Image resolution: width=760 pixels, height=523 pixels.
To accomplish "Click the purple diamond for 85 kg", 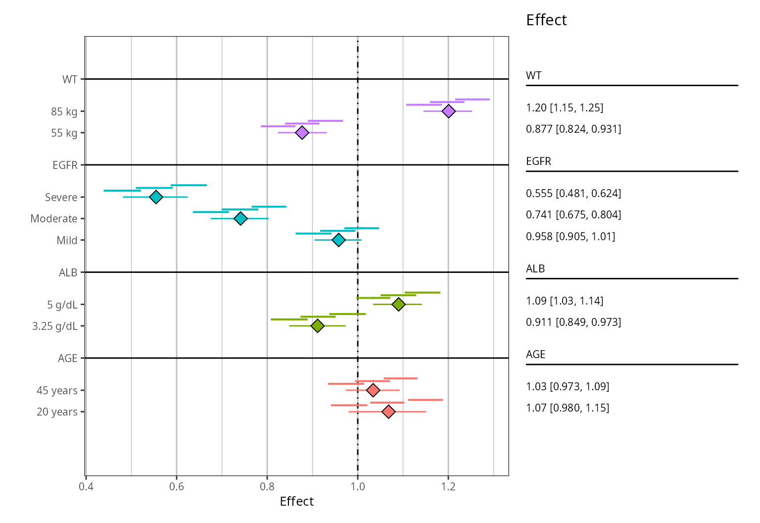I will tap(448, 111).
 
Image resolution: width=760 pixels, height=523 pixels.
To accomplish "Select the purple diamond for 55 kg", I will tap(302, 133).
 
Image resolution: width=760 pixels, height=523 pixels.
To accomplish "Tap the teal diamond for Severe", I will tap(156, 197).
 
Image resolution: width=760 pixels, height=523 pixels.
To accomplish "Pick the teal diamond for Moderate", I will tap(240, 218).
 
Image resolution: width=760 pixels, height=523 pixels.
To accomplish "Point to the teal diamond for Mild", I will tap(338, 240).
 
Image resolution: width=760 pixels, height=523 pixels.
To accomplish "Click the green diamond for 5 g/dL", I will tap(398, 304).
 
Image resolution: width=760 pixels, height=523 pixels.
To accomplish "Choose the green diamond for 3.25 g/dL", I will tap(318, 326).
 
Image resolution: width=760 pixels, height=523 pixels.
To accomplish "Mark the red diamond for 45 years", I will tap(373, 390).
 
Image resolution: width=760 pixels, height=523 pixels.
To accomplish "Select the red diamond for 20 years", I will tap(389, 412).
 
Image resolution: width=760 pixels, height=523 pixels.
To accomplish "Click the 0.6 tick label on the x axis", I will tap(177, 486).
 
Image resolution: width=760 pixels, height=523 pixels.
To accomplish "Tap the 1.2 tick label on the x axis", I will tap(448, 486).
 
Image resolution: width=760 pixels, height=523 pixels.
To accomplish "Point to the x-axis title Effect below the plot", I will tap(296, 502).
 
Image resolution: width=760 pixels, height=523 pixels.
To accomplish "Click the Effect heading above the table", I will tap(546, 20).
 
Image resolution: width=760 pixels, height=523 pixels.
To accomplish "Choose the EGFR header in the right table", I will tap(538, 161).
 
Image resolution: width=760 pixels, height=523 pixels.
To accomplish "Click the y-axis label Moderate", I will tap(54, 218).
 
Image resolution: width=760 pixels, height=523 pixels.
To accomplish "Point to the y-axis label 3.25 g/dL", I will tap(55, 326).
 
